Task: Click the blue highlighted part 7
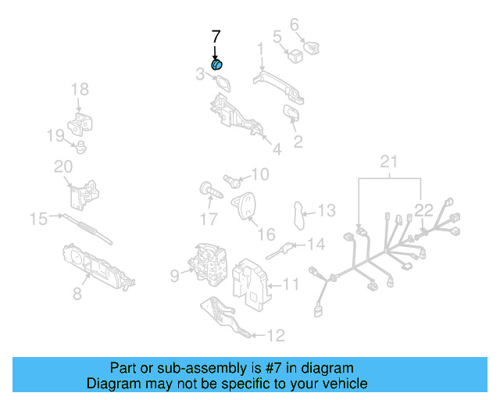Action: pyautogui.click(x=217, y=63)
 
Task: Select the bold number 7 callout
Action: pyautogui.click(x=216, y=36)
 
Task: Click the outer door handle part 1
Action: pyautogui.click(x=280, y=85)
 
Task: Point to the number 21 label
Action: pyautogui.click(x=389, y=162)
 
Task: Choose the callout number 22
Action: pyautogui.click(x=423, y=209)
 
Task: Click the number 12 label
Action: pyautogui.click(x=276, y=336)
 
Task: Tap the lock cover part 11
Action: pyautogui.click(x=252, y=279)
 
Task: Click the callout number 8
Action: pyautogui.click(x=77, y=294)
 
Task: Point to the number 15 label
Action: pyautogui.click(x=38, y=219)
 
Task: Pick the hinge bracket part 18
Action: pyautogui.click(x=80, y=123)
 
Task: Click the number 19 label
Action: pyautogui.click(x=54, y=136)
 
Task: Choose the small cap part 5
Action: pyautogui.click(x=296, y=55)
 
